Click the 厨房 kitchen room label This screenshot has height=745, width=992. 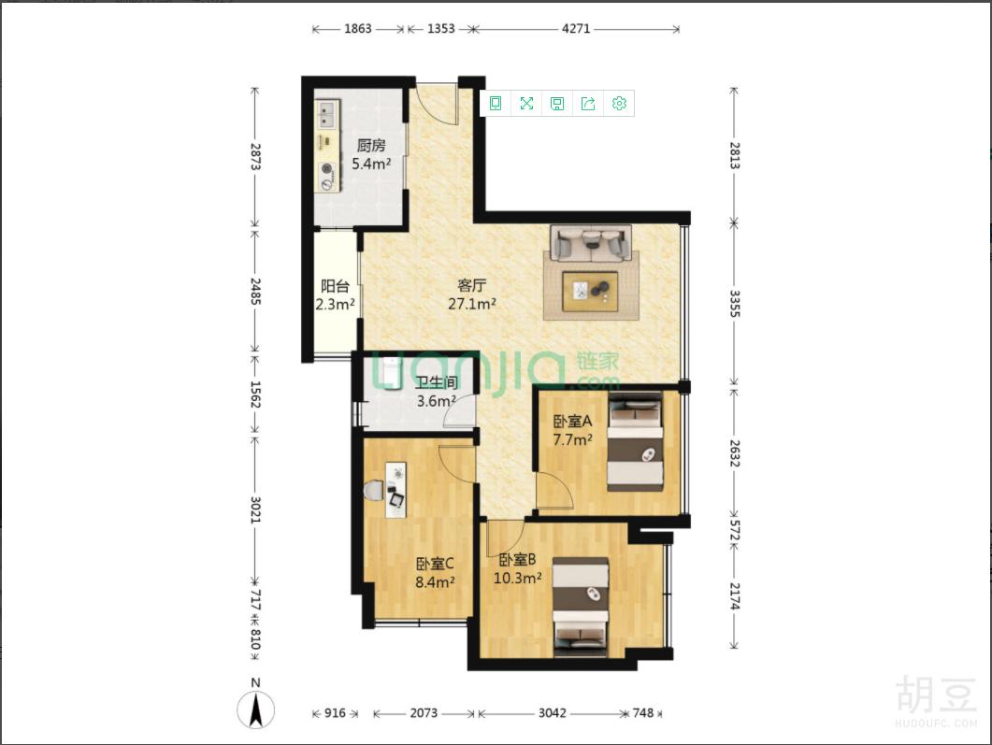coord(371,146)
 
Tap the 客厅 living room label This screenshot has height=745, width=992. coord(472,285)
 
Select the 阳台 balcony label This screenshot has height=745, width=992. coord(335,286)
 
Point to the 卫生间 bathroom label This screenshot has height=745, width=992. coord(437,382)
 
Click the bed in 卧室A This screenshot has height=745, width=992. coord(635,441)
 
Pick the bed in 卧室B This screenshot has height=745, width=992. coord(581,607)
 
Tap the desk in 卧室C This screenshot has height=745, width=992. coord(396,490)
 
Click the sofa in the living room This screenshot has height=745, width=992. coord(591,242)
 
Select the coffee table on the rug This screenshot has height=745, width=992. coord(590,292)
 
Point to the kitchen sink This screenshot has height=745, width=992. coord(327,114)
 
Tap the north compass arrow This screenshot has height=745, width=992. coord(255,709)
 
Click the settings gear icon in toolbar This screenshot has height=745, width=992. coord(619,103)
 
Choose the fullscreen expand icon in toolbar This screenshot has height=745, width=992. coord(526,103)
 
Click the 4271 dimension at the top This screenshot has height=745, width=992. coord(576,28)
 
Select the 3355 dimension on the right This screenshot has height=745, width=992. coord(734,304)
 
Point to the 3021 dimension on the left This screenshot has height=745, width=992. coord(255,509)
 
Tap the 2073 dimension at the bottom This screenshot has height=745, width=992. coord(424,712)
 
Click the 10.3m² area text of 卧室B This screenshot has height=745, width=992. coord(518,578)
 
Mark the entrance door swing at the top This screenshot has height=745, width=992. coord(440,101)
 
